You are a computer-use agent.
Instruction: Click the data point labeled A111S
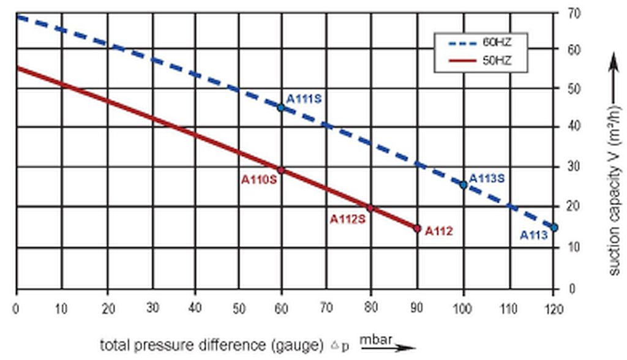(281, 108)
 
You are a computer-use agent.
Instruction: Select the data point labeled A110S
(281, 170)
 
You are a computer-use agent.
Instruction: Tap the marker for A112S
(370, 208)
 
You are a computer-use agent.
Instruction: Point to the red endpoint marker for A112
(417, 228)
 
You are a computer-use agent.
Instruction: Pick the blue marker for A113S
(464, 184)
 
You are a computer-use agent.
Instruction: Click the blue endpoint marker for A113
(554, 228)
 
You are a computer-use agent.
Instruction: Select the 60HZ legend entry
(480, 43)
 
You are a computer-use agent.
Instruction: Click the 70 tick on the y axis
(576, 13)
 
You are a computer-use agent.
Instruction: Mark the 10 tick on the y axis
(576, 247)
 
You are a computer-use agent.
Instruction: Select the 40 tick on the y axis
(576, 127)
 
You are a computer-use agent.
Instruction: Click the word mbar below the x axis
(374, 338)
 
